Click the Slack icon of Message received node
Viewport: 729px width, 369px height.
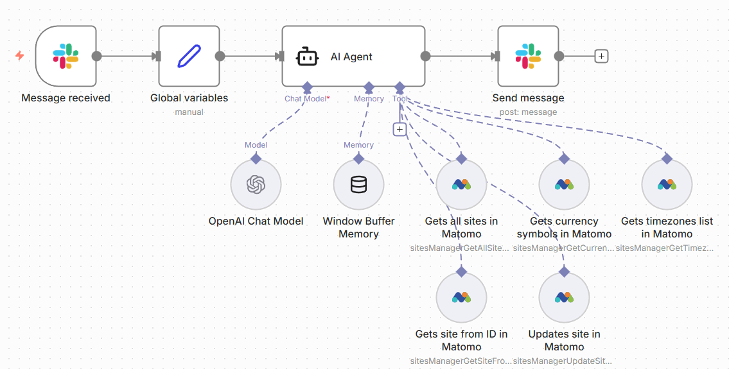[x=66, y=56]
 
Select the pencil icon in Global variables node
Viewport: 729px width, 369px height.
[x=189, y=56]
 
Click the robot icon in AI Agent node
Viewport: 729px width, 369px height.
[x=307, y=56]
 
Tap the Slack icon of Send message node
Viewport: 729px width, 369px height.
[x=528, y=56]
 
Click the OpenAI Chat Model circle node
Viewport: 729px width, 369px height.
[x=256, y=185]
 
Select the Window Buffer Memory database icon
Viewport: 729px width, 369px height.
[x=358, y=185]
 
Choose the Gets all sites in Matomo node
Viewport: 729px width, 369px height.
[x=461, y=185]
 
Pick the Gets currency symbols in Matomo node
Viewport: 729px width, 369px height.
[x=564, y=185]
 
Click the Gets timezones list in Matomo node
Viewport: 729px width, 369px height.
[x=667, y=185]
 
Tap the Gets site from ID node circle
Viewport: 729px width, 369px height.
[x=461, y=298]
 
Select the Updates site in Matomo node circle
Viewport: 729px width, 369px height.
[x=564, y=298]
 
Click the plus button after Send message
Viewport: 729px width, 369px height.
[x=601, y=56]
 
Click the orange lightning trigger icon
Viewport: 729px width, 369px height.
[x=20, y=56]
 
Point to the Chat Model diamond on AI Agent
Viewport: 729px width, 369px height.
[x=307, y=87]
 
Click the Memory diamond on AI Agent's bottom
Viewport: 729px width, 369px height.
[x=369, y=87]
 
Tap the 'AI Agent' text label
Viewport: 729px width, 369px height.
[x=351, y=57]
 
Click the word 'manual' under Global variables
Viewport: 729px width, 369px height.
[x=189, y=112]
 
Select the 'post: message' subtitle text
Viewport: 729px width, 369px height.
[x=528, y=112]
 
